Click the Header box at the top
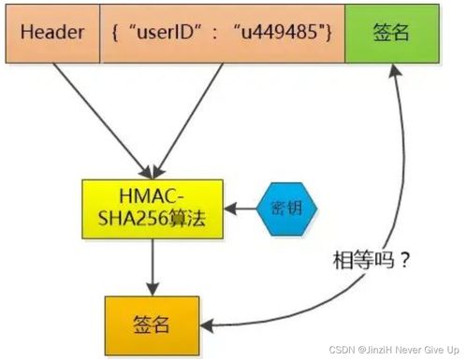tap(51, 32)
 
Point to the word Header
tap(51, 32)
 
